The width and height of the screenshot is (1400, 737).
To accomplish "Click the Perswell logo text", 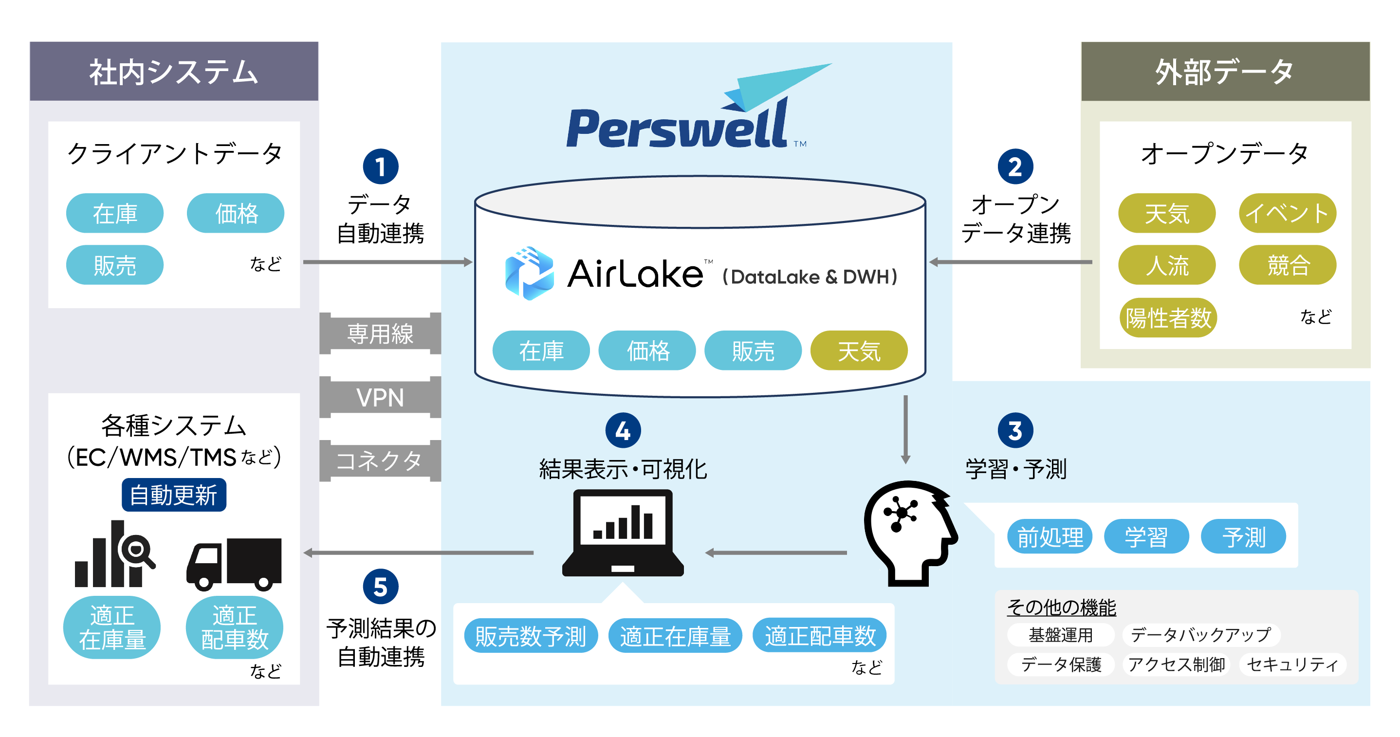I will click(x=677, y=128).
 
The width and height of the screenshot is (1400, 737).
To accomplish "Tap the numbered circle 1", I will click(x=381, y=166).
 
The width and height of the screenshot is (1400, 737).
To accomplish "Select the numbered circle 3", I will click(x=1014, y=430).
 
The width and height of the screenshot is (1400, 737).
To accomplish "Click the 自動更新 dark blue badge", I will click(x=173, y=495).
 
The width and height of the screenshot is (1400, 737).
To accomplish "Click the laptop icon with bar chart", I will click(x=623, y=533).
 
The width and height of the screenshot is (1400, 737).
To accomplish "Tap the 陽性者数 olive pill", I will click(x=1167, y=317).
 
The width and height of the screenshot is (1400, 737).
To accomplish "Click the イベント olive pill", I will click(x=1287, y=213).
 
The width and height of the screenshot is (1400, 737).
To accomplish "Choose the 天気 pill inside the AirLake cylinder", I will click(x=858, y=350).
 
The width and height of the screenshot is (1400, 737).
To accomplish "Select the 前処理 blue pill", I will click(x=1050, y=536).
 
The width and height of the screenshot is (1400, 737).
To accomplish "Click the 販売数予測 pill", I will click(x=531, y=635).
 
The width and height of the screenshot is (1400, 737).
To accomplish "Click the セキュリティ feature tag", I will click(x=1292, y=664).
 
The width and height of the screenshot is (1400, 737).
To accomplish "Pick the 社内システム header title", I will click(x=173, y=72).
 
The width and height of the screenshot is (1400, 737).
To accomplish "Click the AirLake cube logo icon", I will click(x=529, y=274).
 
